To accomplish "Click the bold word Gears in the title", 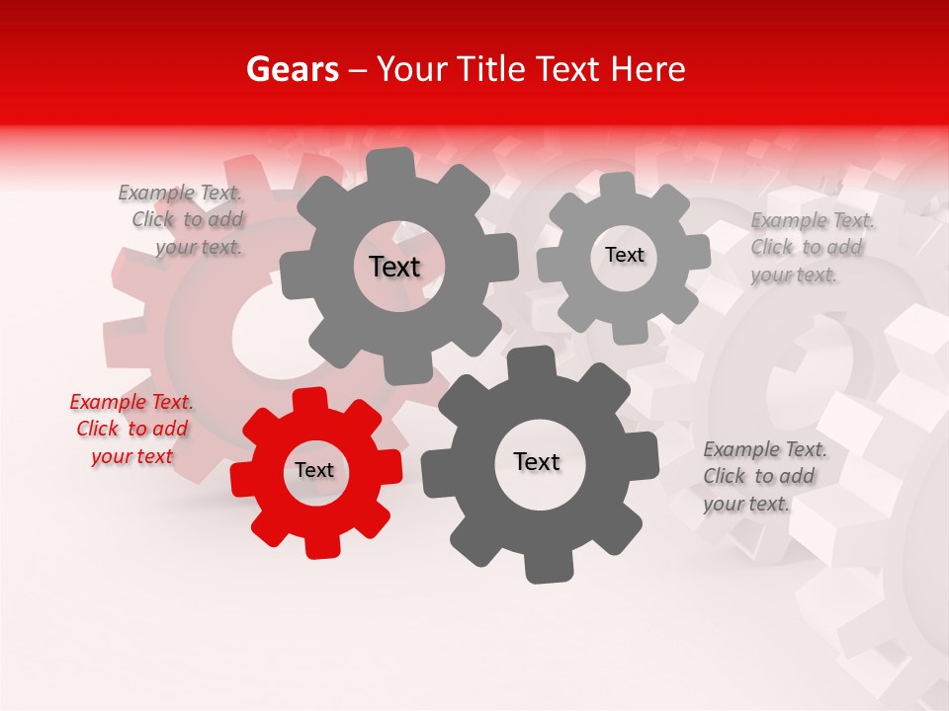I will [x=292, y=69].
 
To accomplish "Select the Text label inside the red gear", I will [x=314, y=471].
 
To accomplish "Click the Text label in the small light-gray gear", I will [x=624, y=256].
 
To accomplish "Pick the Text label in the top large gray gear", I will [x=394, y=267].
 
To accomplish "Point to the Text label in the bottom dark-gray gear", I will [x=537, y=462].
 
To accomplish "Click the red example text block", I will [x=131, y=429].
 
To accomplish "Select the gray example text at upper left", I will [x=181, y=219].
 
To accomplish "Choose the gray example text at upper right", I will [x=812, y=247].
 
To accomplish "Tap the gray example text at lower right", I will [x=764, y=476].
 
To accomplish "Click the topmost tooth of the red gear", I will [x=310, y=400].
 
